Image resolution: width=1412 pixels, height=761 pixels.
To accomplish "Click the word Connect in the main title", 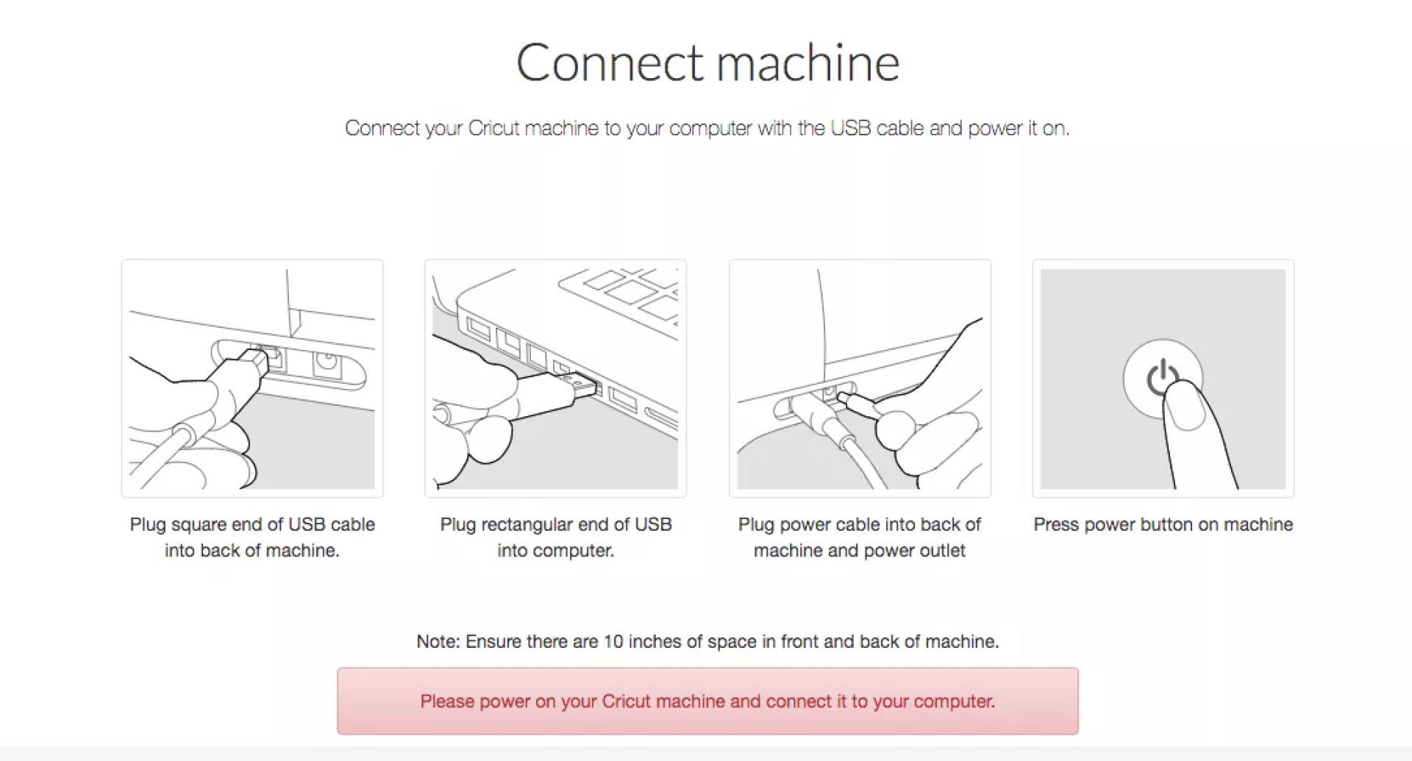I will click(610, 62).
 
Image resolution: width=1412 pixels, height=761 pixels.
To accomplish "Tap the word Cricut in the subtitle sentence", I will click(493, 128).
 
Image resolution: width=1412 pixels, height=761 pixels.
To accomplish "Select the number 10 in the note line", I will click(613, 641).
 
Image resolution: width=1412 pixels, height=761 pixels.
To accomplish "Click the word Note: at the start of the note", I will click(438, 641).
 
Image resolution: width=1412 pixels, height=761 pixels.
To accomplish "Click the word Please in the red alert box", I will click(447, 701).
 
